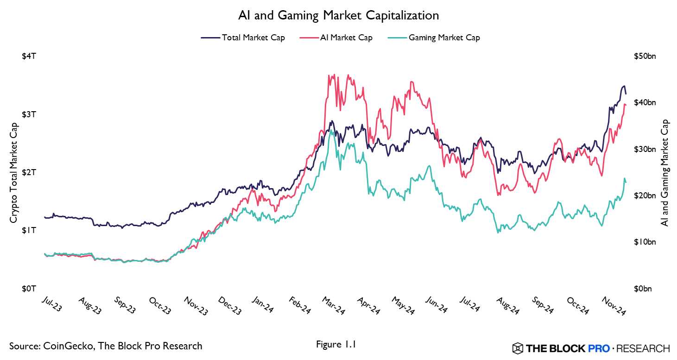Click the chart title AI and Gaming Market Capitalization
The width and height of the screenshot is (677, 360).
coord(338,16)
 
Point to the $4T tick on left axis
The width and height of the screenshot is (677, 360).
coord(29,57)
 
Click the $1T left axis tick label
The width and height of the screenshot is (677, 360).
coord(29,231)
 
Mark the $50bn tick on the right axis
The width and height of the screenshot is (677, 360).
coord(645,57)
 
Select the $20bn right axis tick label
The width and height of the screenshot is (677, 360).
coord(645,196)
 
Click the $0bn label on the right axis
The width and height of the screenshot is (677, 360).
coord(644,289)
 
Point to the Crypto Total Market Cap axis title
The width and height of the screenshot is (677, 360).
coord(13,172)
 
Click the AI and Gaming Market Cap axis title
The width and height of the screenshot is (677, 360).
coord(665,172)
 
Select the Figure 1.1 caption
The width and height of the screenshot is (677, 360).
coord(336,344)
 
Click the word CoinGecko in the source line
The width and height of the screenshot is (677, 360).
coord(63,346)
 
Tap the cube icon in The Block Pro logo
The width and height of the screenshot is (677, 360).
coord(518,348)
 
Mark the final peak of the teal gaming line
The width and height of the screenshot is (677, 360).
coord(624,178)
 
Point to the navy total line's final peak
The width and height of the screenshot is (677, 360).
coord(624,86)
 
